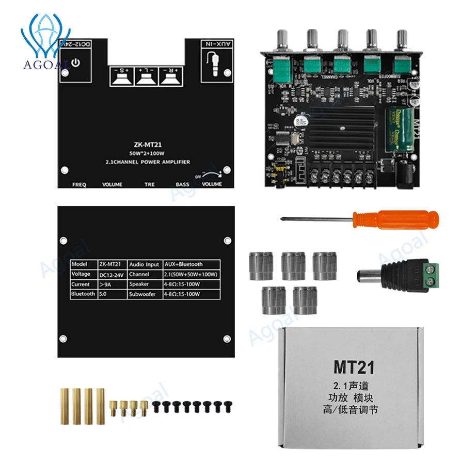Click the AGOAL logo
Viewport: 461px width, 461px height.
click(x=45, y=39)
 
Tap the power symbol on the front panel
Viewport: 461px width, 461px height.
click(x=76, y=63)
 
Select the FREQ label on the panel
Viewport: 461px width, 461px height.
click(x=80, y=184)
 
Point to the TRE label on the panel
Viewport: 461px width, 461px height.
click(x=149, y=184)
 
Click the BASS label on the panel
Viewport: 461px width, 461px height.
click(x=182, y=184)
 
